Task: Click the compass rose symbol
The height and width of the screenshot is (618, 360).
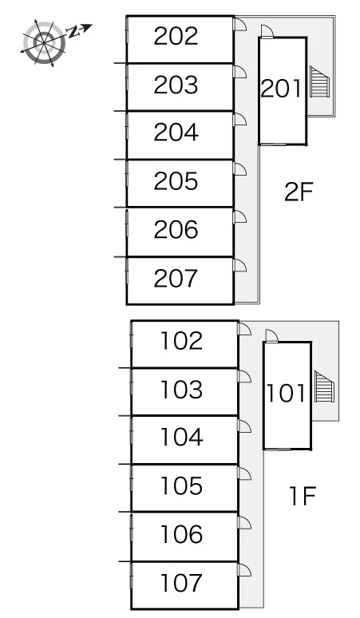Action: [x=44, y=42]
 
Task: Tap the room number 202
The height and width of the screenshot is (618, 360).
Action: [x=176, y=36]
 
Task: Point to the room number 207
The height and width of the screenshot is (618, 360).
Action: [x=176, y=278]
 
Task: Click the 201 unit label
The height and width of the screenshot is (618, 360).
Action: [x=281, y=89]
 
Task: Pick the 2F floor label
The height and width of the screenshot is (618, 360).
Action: [x=299, y=192]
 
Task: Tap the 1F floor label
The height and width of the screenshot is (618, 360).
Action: [x=303, y=496]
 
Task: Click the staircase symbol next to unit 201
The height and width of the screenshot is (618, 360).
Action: [x=319, y=81]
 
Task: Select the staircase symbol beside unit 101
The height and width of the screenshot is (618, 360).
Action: [x=324, y=386]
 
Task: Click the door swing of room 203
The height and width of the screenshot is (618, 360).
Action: [x=240, y=72]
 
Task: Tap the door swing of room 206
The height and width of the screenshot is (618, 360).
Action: [x=240, y=217]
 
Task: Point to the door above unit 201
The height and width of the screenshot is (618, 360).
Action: [x=267, y=31]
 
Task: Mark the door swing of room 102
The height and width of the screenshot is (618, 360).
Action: [x=244, y=330]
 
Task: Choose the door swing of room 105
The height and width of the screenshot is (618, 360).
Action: [x=244, y=473]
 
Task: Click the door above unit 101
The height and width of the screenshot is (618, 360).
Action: [x=271, y=336]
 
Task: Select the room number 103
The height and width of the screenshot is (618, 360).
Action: [x=181, y=390]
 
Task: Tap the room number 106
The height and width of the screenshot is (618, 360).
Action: [x=181, y=534]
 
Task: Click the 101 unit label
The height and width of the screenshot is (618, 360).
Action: [x=286, y=394]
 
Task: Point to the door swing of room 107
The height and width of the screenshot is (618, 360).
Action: [x=244, y=570]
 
